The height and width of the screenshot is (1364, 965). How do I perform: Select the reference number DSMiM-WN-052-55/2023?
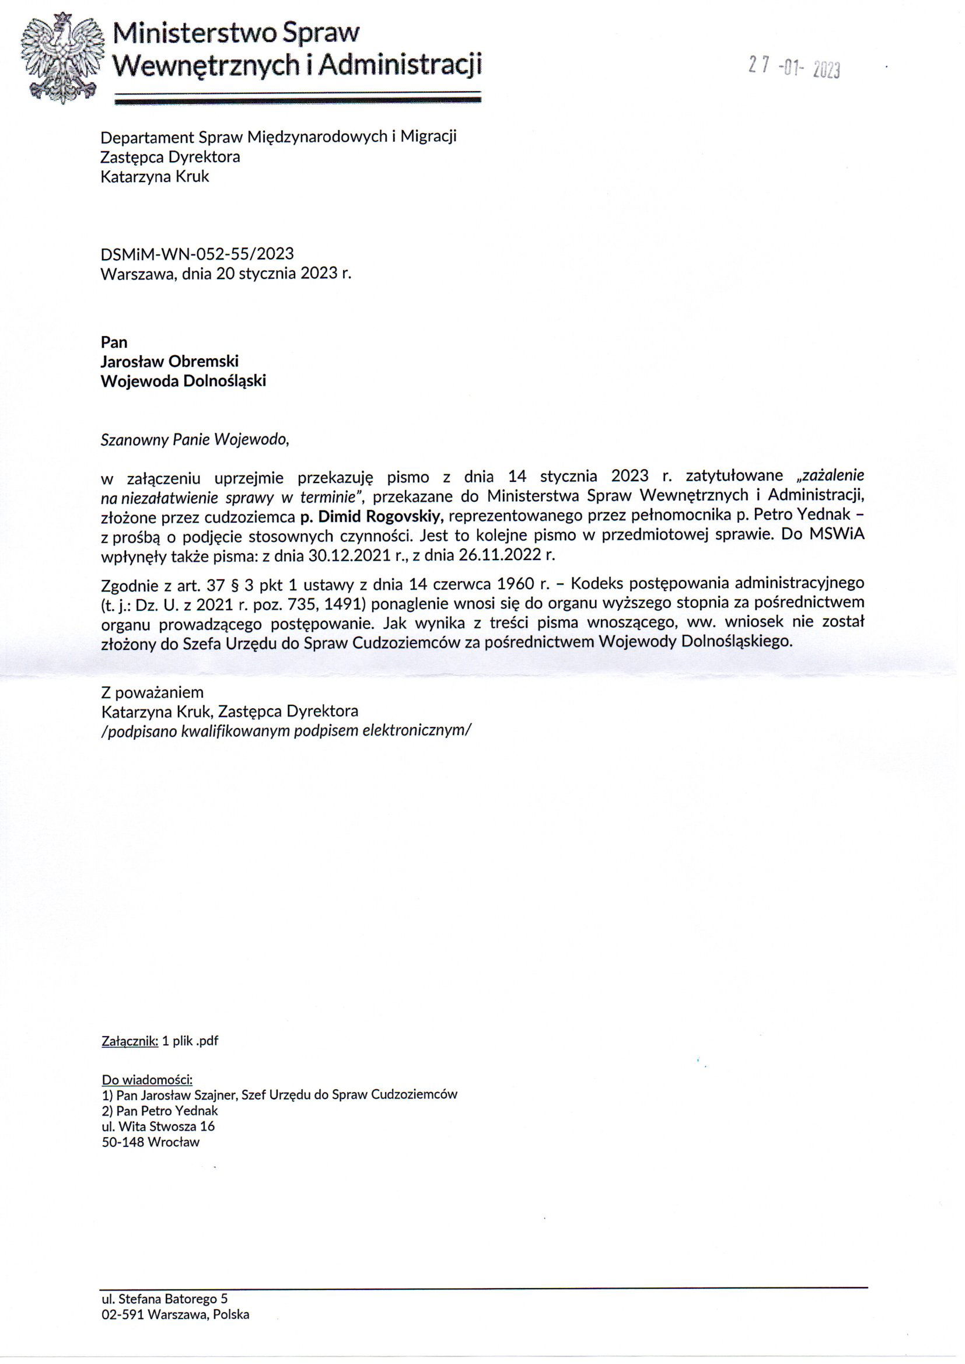tap(197, 254)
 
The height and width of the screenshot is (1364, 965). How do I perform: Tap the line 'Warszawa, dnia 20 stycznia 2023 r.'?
tap(226, 274)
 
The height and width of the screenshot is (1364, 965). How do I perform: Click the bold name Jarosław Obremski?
tap(170, 361)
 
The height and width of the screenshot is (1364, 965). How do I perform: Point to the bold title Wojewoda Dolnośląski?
tap(183, 381)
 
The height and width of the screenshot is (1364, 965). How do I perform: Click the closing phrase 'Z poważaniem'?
tap(153, 692)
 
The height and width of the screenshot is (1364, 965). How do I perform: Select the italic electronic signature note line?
tap(285, 730)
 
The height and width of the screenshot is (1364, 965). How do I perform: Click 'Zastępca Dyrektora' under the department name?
tap(170, 157)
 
